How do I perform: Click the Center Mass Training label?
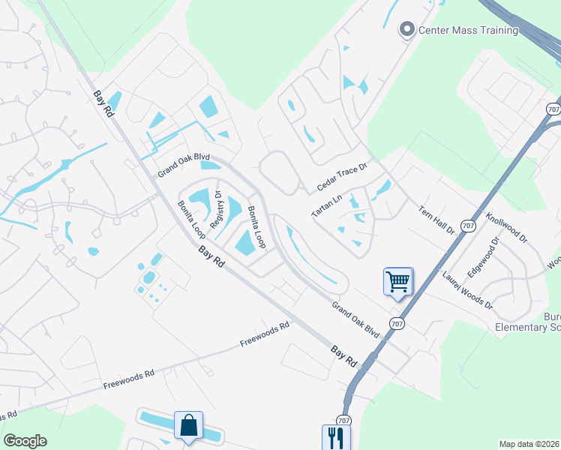pyautogui.click(x=468, y=30)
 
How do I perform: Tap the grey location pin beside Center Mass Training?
pyautogui.click(x=407, y=30)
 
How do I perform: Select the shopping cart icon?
pyautogui.click(x=398, y=283)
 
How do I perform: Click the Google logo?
pyautogui.click(x=25, y=441)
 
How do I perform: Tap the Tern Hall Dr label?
pyautogui.click(x=437, y=220)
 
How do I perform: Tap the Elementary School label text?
pyautogui.click(x=528, y=327)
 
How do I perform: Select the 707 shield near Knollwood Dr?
pyautogui.click(x=469, y=225)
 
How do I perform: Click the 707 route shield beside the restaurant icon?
pyautogui.click(x=343, y=420)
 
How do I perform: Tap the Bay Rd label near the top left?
pyautogui.click(x=103, y=103)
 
